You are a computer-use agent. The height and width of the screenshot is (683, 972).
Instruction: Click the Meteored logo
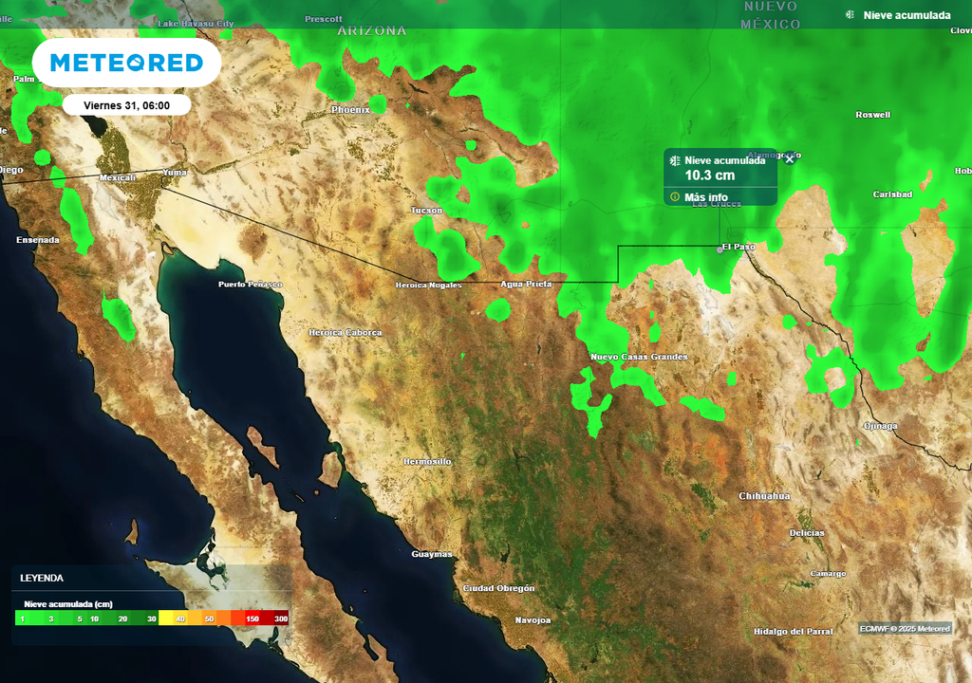click(x=126, y=63)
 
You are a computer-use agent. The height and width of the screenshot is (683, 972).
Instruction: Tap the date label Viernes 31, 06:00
click(x=127, y=105)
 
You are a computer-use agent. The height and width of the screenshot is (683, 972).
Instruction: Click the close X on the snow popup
click(x=789, y=159)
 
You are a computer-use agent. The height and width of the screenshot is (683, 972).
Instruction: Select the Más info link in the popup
click(x=705, y=197)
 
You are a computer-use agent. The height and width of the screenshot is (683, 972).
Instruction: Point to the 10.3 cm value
click(x=709, y=175)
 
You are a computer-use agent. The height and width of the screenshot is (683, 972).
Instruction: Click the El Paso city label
click(x=738, y=247)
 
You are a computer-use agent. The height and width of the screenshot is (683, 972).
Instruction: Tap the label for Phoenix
click(x=350, y=110)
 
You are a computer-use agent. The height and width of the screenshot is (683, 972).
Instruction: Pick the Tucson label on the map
click(x=426, y=210)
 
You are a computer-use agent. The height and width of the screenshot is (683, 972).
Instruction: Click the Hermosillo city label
click(x=427, y=461)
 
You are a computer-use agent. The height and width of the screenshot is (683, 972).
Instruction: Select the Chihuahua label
click(x=764, y=496)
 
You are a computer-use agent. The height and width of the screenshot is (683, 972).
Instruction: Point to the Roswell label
click(x=872, y=115)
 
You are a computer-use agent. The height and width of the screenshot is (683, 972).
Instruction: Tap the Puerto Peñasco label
click(x=250, y=285)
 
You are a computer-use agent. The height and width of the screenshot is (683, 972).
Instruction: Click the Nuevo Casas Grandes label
click(x=639, y=357)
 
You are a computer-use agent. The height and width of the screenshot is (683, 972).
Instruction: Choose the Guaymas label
click(x=431, y=554)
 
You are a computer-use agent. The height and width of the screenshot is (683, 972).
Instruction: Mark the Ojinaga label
click(x=879, y=426)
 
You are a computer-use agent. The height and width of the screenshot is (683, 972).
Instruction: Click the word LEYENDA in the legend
click(x=42, y=578)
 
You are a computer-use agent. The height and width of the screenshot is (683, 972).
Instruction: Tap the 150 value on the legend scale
click(x=252, y=618)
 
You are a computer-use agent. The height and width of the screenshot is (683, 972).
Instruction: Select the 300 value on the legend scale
click(x=281, y=618)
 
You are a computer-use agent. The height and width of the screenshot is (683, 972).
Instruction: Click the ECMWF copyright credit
click(x=905, y=629)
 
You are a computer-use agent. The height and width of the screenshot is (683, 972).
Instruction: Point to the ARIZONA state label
click(x=372, y=30)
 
